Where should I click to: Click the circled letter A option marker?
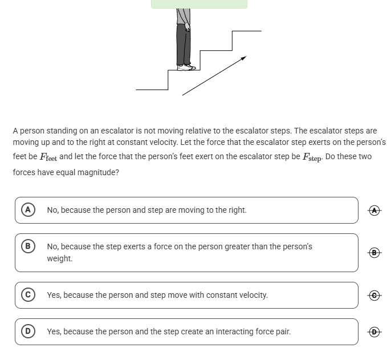[x=27, y=210]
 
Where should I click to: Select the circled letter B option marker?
[x=27, y=246]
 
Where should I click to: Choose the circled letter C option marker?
[x=27, y=295]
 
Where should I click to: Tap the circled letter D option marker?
[x=27, y=331]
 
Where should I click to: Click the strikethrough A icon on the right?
[x=374, y=210]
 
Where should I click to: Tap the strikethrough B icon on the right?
[x=374, y=252]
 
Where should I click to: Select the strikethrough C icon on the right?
[x=374, y=295]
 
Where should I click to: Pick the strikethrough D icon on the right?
[x=374, y=331]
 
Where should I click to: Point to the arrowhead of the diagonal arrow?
[x=243, y=58]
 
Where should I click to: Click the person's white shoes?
[x=186, y=67]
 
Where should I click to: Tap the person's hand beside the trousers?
[x=188, y=27]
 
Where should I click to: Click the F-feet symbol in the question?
[x=48, y=157]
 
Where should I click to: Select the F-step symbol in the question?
[x=312, y=157]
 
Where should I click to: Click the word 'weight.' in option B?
[x=60, y=258]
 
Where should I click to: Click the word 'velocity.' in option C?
[x=251, y=295]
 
